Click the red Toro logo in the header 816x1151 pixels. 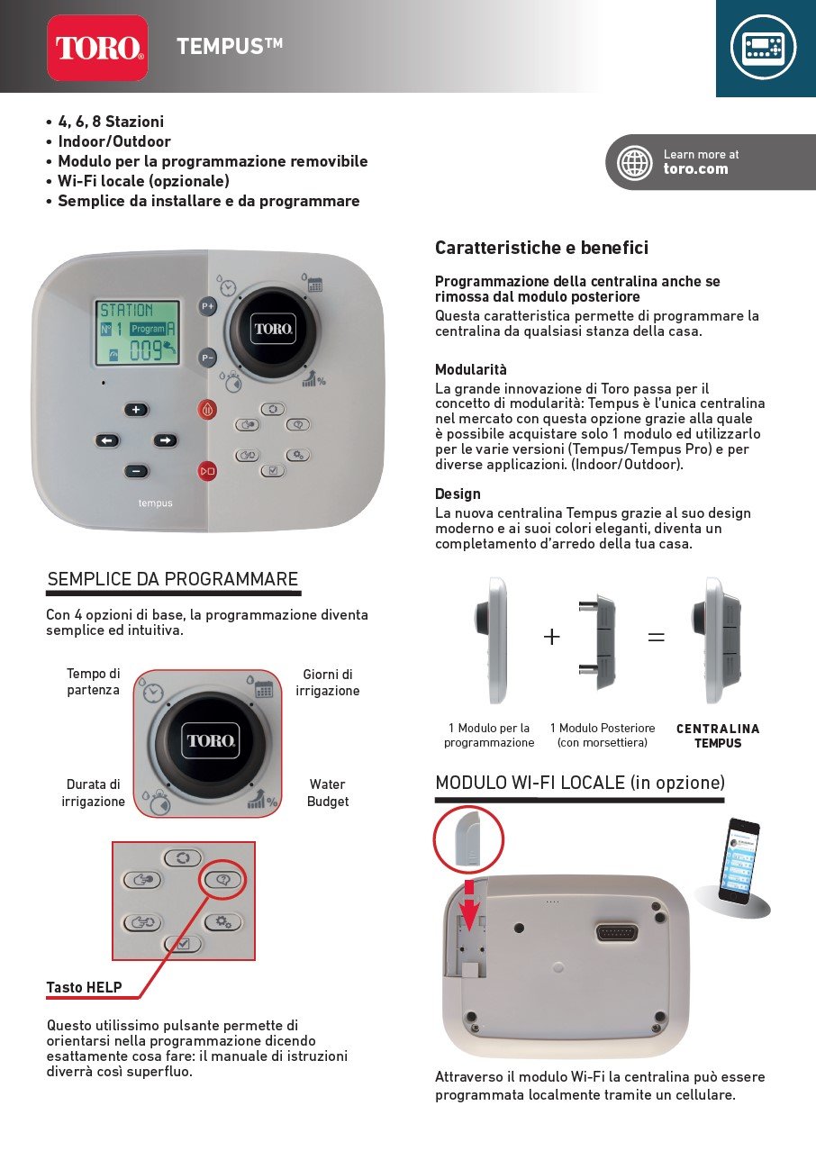click(97, 48)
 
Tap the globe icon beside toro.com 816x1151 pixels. click(634, 163)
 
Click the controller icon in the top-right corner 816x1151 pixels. click(764, 47)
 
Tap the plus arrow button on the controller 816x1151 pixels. click(136, 410)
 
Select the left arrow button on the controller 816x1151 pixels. click(107, 440)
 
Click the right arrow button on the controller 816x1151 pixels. click(165, 440)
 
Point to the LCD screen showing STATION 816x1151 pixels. click(138, 332)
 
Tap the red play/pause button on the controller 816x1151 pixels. click(208, 469)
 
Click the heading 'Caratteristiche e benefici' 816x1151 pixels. click(541, 248)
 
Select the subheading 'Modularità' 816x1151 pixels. click(471, 369)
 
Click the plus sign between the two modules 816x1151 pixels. click(552, 637)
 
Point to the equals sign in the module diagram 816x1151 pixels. click(657, 637)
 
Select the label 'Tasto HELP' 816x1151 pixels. click(84, 987)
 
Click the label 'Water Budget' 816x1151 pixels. click(327, 793)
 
